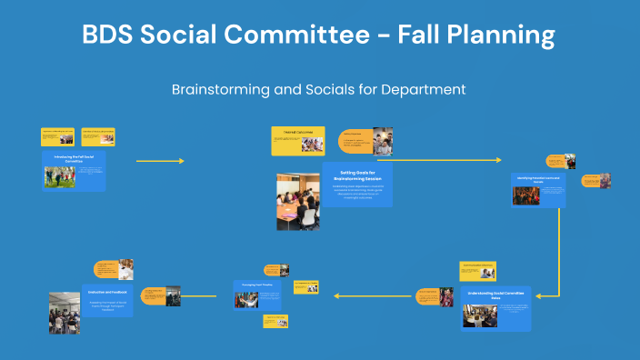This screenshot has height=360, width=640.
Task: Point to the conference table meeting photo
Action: pos(297,201)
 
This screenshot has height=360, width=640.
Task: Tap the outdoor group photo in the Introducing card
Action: pos(59,176)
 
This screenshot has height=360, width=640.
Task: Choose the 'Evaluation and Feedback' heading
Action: pos(108,290)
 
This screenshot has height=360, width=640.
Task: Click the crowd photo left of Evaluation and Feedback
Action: pos(65,312)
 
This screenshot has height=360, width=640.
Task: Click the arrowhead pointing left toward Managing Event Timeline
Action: pos(335,295)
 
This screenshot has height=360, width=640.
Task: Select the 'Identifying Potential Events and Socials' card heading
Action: pos(538,179)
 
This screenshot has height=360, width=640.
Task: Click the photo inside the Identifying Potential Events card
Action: pos(525,195)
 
